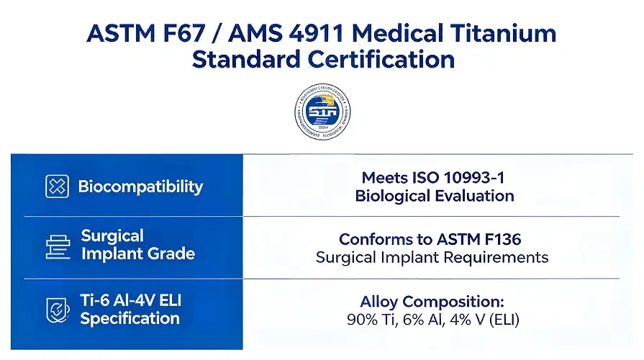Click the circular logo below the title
322,113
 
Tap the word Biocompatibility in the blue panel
140,187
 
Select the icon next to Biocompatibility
57,186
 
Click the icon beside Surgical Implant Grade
57,246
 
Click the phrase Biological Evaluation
434,196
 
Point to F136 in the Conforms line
497,239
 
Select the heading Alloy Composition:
432,302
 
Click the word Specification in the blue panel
130,318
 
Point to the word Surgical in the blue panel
112,235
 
